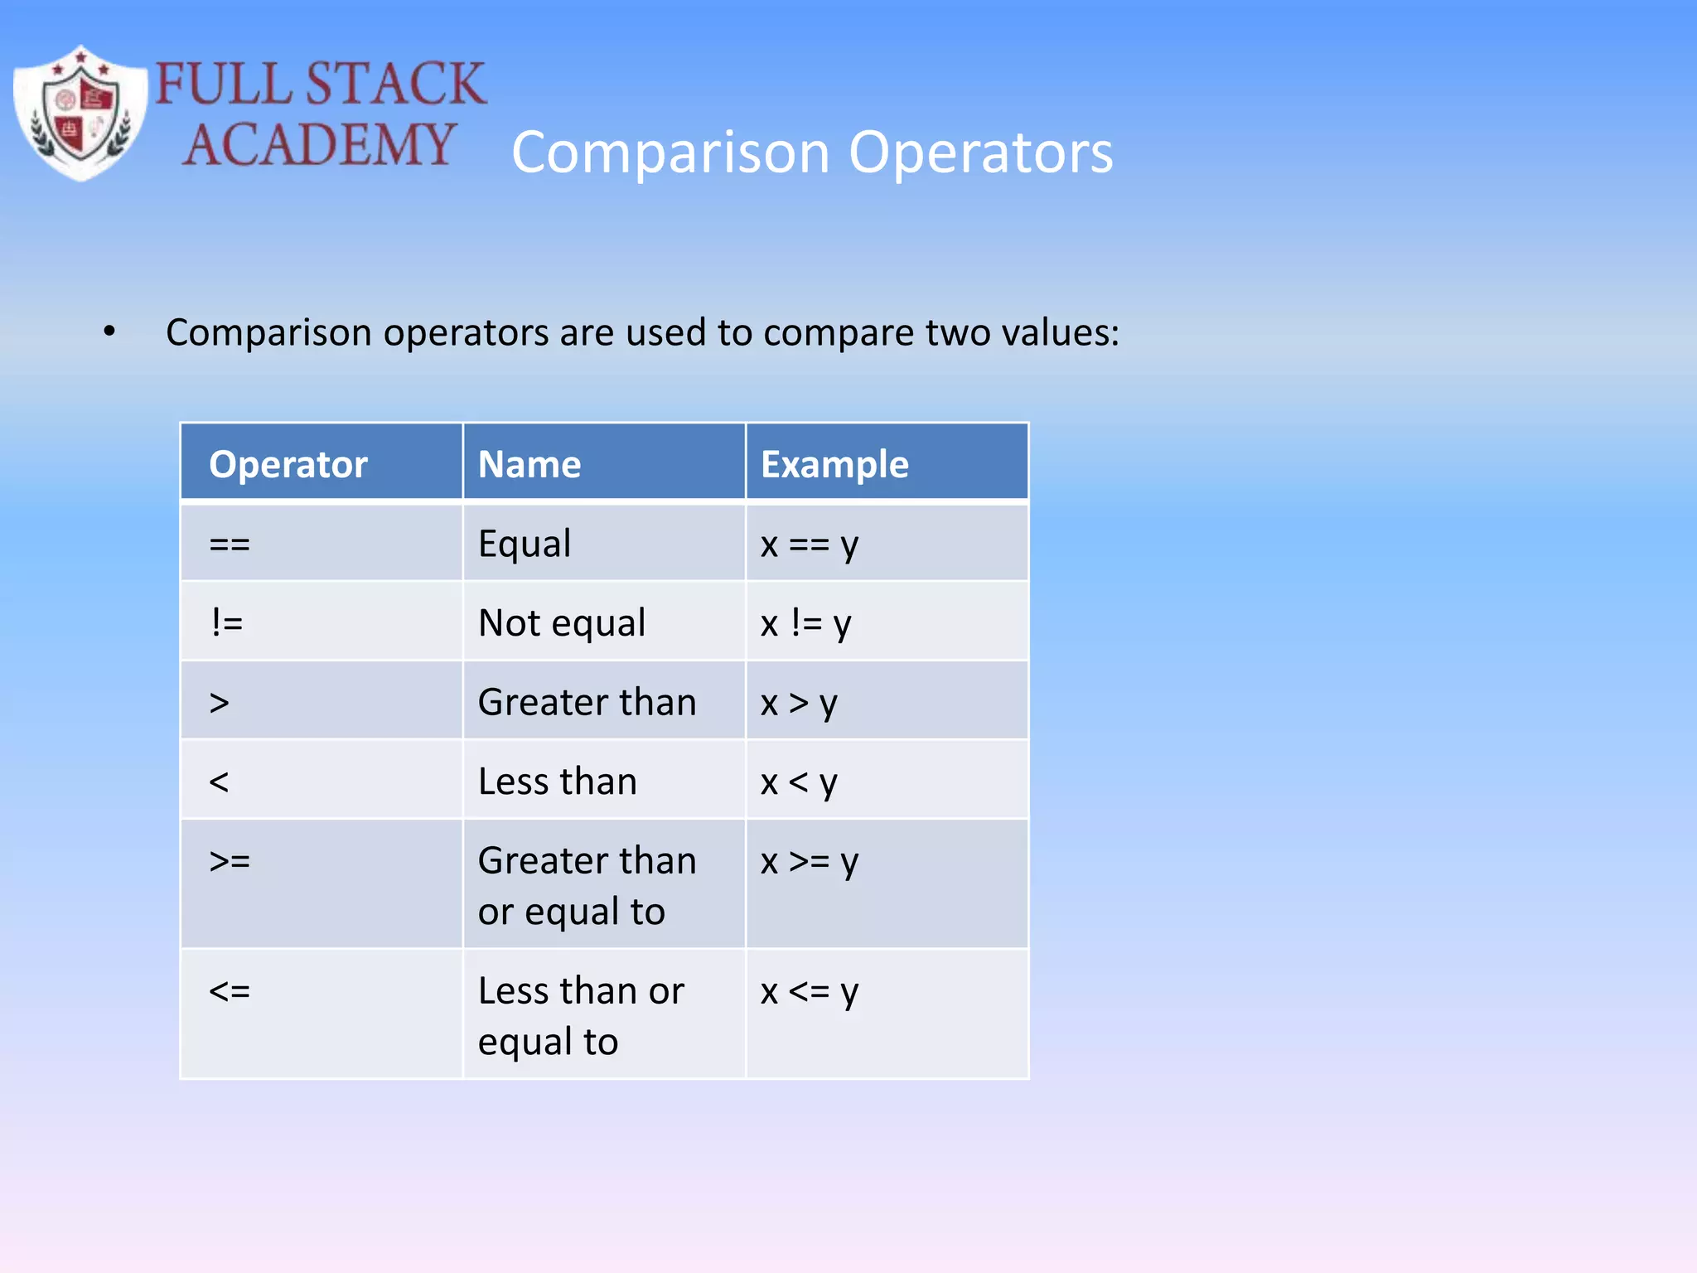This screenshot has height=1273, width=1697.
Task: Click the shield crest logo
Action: (80, 114)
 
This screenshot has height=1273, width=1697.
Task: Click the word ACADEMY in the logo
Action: (319, 144)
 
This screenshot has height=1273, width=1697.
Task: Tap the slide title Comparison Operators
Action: (812, 152)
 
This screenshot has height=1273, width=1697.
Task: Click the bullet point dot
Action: (109, 332)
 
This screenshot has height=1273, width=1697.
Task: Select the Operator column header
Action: (288, 463)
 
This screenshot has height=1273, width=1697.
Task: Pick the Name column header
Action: (529, 463)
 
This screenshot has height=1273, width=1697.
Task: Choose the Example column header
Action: (834, 463)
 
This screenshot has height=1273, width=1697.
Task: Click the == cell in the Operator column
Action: (230, 545)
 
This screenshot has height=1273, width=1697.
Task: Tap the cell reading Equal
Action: (525, 544)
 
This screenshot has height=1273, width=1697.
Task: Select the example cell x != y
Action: (805, 623)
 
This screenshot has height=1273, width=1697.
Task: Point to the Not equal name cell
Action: (562, 623)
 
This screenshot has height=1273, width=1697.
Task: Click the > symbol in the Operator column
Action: (219, 703)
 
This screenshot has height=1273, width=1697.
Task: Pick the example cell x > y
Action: (799, 703)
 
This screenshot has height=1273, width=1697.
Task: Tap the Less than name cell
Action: (558, 782)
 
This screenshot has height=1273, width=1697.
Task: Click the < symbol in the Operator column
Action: (219, 782)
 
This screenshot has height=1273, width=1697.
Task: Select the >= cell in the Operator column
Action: (230, 861)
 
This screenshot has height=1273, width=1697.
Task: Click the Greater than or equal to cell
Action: (587, 885)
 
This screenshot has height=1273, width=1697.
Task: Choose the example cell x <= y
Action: (810, 991)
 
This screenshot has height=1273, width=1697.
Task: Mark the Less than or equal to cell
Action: (580, 1015)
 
